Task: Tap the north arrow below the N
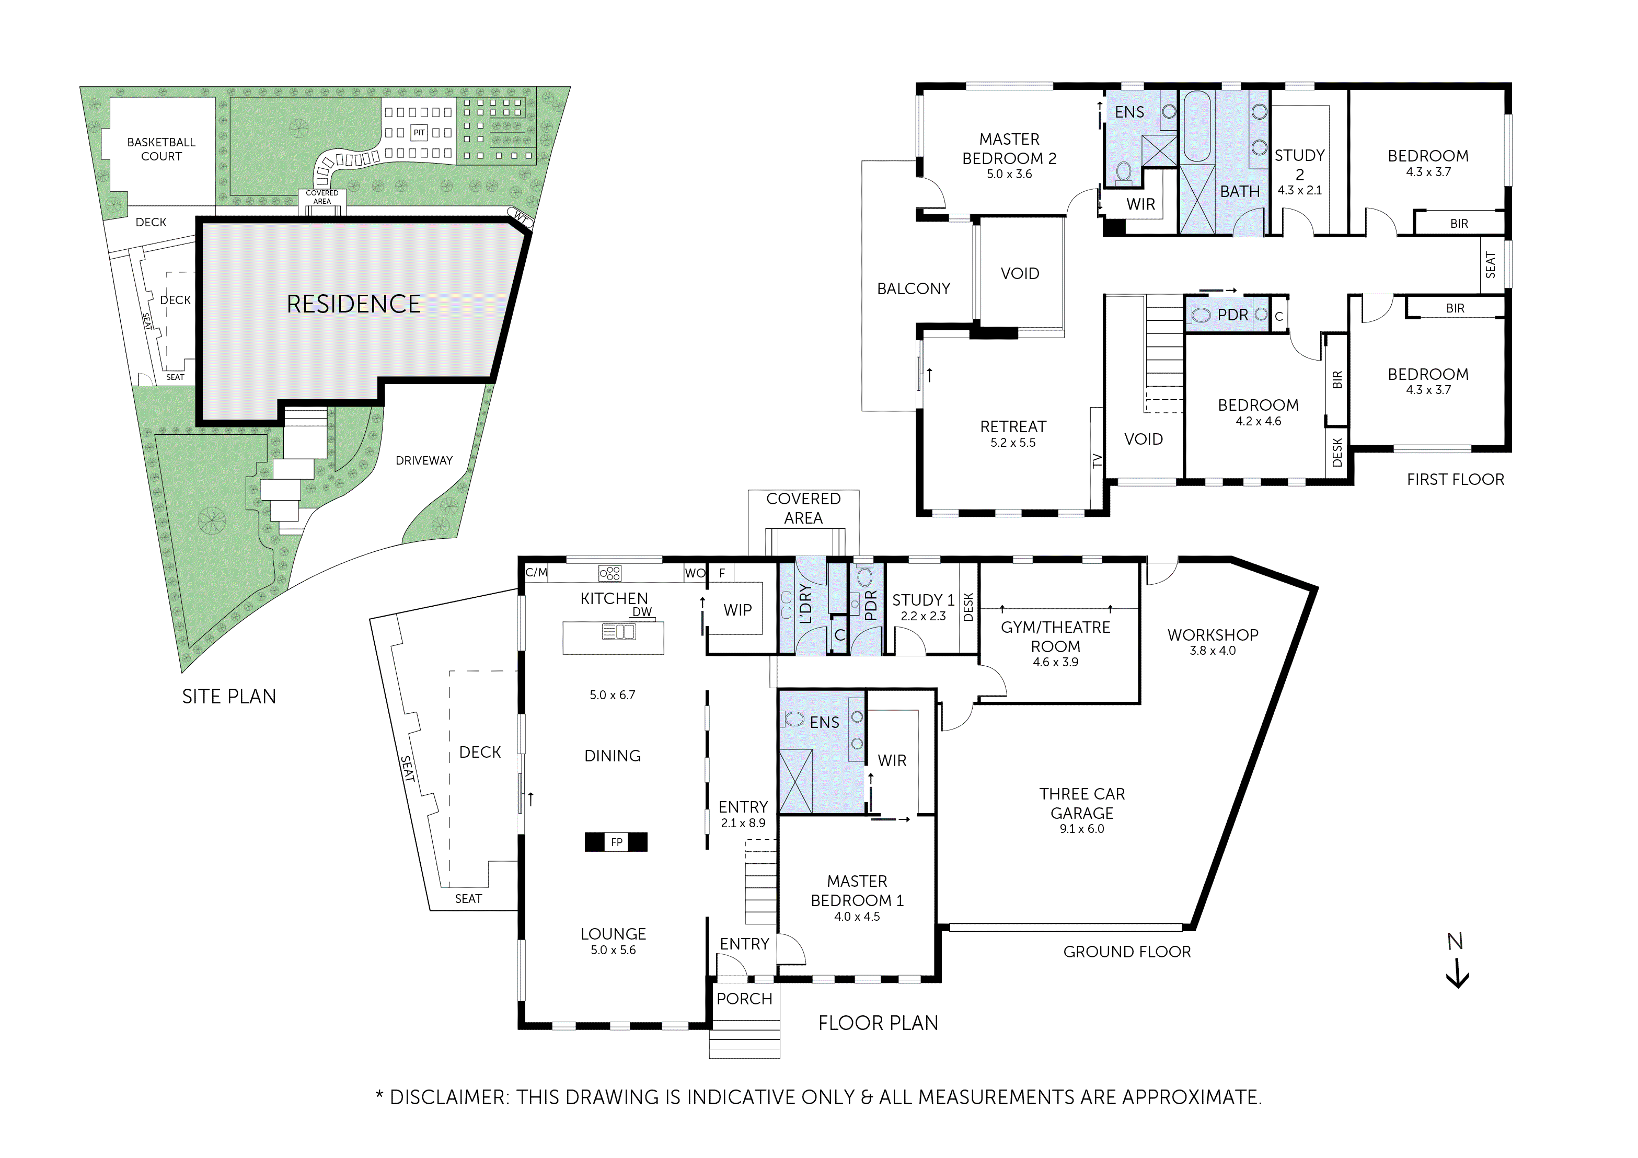click(x=1457, y=975)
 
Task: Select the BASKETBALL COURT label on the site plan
click(x=161, y=149)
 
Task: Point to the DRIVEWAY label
click(x=424, y=461)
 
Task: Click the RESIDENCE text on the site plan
click(x=353, y=304)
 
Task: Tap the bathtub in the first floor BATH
click(x=1196, y=126)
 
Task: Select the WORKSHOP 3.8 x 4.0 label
click(x=1212, y=641)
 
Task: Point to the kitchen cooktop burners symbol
click(x=610, y=573)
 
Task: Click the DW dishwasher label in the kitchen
click(x=642, y=611)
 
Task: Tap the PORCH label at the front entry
click(x=744, y=999)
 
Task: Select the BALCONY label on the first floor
click(x=913, y=289)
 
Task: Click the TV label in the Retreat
click(x=1097, y=461)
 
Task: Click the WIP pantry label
click(x=737, y=610)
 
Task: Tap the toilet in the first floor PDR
click(x=1201, y=315)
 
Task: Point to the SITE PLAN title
click(x=229, y=697)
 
